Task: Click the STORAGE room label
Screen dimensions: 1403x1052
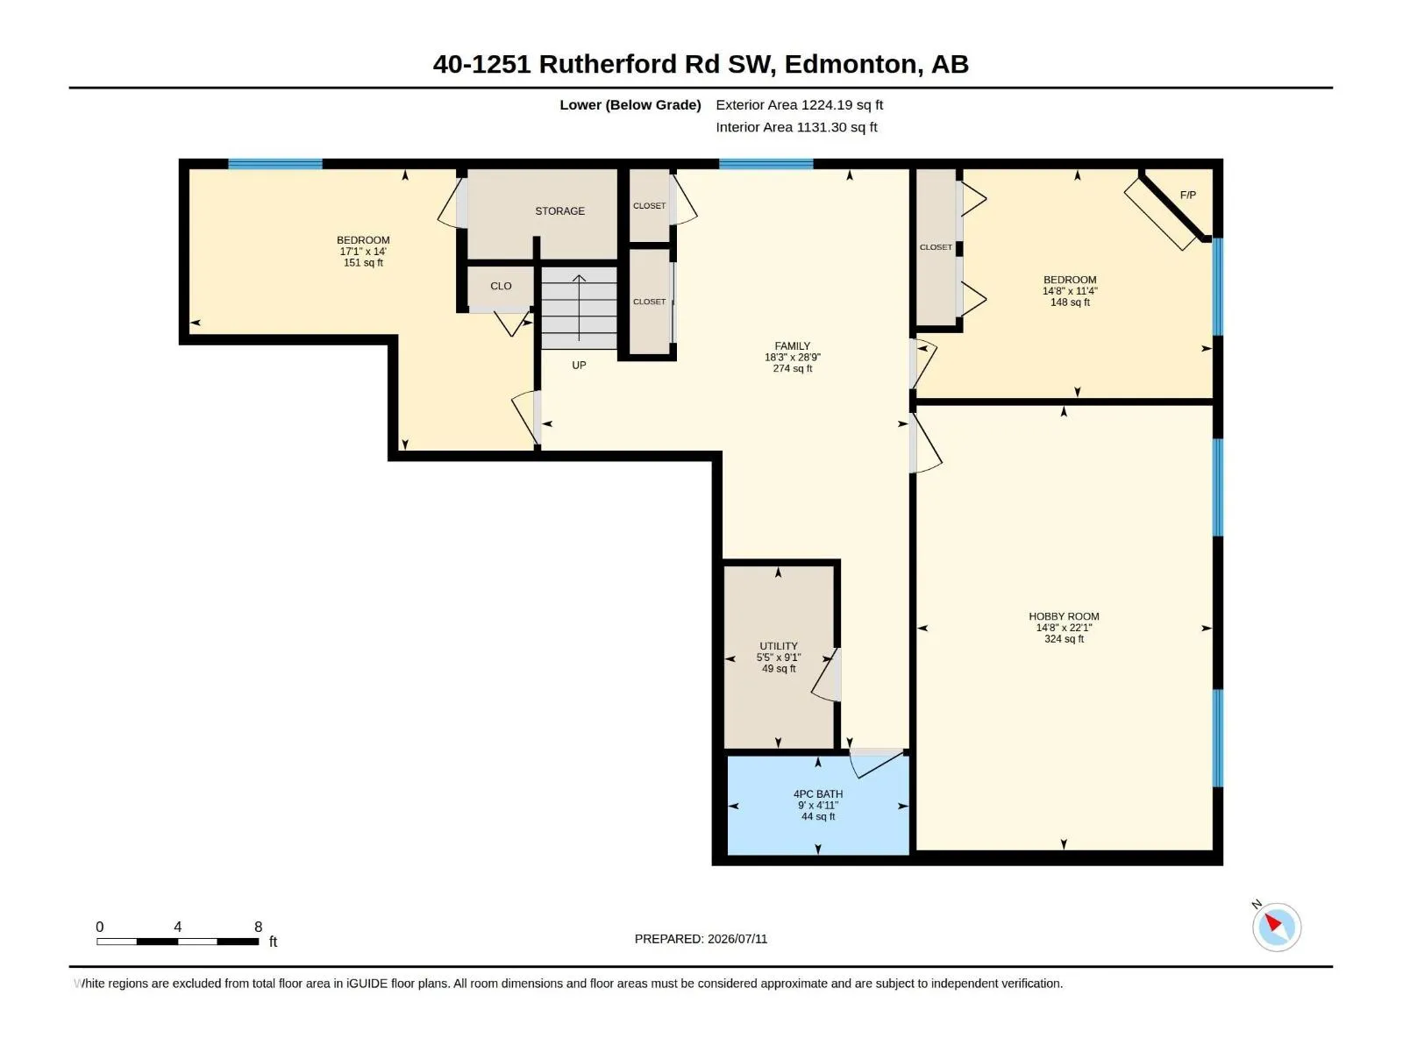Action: pyautogui.click(x=559, y=210)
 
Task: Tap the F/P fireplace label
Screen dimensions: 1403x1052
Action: pyautogui.click(x=1187, y=195)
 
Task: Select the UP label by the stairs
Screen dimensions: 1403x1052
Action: pyautogui.click(x=579, y=366)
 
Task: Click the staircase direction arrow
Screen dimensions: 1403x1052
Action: pyautogui.click(x=579, y=308)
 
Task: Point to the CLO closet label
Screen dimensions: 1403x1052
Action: pyautogui.click(x=501, y=286)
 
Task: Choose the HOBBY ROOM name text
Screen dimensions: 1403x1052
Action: pyautogui.click(x=1064, y=616)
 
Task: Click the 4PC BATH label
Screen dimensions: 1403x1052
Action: pyautogui.click(x=817, y=794)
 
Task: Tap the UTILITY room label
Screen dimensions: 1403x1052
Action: pyautogui.click(x=778, y=646)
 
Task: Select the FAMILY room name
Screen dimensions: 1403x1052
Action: pyautogui.click(x=792, y=346)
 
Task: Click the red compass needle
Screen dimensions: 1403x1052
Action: pyautogui.click(x=1273, y=922)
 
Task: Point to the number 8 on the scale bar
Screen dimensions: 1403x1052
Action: pyautogui.click(x=258, y=927)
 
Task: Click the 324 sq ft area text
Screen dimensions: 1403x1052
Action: pyautogui.click(x=1064, y=639)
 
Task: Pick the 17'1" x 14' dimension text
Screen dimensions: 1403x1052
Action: pyautogui.click(x=363, y=252)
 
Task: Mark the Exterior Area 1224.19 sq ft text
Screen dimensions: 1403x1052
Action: pyautogui.click(x=799, y=104)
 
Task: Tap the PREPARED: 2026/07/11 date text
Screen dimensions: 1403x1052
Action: pyautogui.click(x=701, y=939)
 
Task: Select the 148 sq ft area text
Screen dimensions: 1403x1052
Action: pyautogui.click(x=1069, y=302)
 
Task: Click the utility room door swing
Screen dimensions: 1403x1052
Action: pyautogui.click(x=826, y=675)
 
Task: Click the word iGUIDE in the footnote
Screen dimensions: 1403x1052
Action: pyautogui.click(x=367, y=984)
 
